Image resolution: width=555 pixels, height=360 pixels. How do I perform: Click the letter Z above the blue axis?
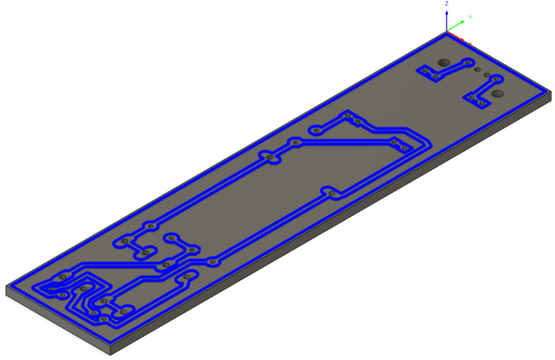point(446,4)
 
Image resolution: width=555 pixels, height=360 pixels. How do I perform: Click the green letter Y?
point(470,17)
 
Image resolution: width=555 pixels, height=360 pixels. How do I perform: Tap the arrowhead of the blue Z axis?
point(446,12)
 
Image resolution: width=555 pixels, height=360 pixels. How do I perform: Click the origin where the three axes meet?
point(446,31)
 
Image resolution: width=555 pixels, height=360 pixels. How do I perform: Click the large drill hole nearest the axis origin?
point(443,62)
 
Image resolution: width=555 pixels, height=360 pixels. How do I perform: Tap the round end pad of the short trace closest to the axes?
point(468,62)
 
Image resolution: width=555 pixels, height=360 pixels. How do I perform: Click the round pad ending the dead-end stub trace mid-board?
point(316,130)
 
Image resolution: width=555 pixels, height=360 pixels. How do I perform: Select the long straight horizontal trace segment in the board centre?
point(345,141)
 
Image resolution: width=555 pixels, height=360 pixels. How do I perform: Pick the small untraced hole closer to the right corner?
point(487,75)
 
